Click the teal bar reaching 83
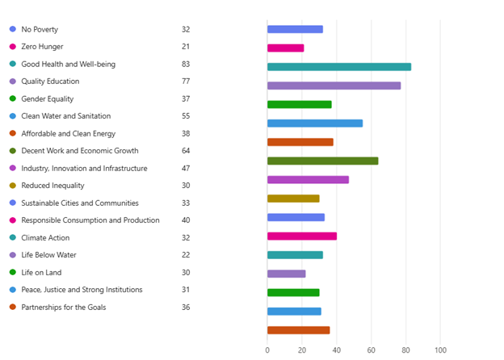point(339,67)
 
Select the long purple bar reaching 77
point(334,86)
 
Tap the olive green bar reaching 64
point(322,161)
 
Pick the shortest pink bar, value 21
point(285,48)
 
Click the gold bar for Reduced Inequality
point(293,199)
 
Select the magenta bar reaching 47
point(308,179)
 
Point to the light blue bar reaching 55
point(315,123)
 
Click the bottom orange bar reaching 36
point(298,329)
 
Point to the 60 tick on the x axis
point(372,350)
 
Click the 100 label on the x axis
point(440,350)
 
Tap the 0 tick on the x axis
point(267,350)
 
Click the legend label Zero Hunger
point(42,47)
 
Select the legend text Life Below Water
point(48,255)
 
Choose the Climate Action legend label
point(45,238)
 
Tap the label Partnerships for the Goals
point(63,308)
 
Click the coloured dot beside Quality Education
point(13,82)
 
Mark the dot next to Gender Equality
point(13,98)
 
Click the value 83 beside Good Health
point(186,64)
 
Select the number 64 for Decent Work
point(186,151)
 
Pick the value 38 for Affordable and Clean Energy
point(186,134)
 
